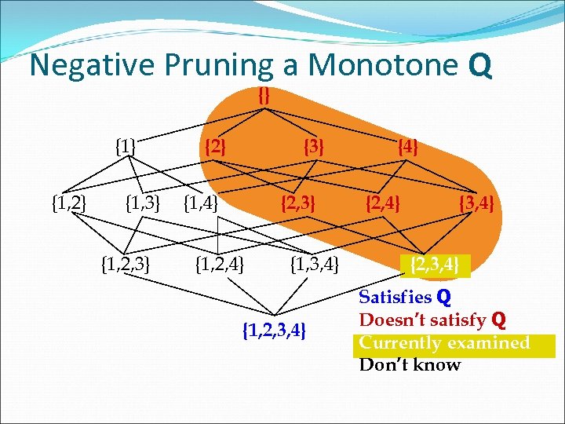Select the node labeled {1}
[x=126, y=146]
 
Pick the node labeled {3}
[x=313, y=146]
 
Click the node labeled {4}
[x=408, y=146]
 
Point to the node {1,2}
[x=68, y=205]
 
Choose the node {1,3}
[x=143, y=205]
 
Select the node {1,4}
[x=200, y=205]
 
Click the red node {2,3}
[x=298, y=205]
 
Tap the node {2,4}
[x=383, y=205]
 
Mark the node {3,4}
[x=476, y=205]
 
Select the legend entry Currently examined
[x=444, y=343]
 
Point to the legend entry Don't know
[x=410, y=364]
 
